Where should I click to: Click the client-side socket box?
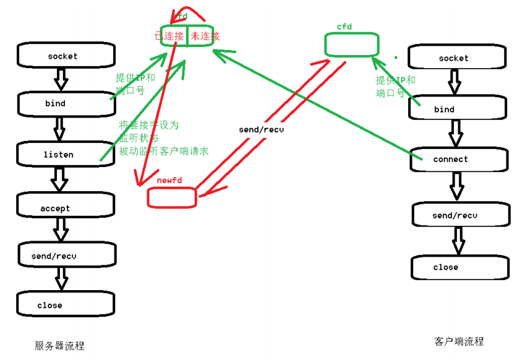coord(458,58)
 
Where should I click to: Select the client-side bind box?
coord(458,109)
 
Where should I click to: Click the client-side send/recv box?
coord(460,215)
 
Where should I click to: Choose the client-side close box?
coord(460,267)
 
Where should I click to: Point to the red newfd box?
coord(171,197)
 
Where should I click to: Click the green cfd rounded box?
coord(351,43)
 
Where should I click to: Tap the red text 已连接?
coord(169,36)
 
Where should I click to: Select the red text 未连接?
coord(205,36)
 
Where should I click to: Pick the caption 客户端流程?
coord(459,341)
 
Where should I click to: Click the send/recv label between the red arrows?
coord(262,130)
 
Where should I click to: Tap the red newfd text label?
coord(168,179)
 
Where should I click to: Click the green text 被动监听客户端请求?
coord(164,151)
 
